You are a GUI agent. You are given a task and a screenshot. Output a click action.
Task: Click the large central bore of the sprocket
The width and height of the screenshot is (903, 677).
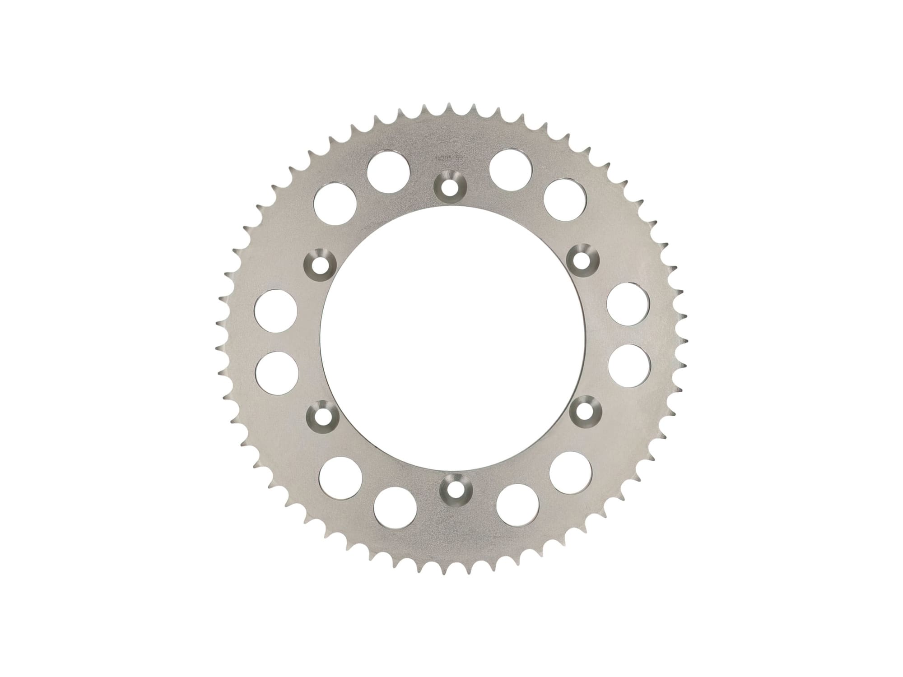(451, 338)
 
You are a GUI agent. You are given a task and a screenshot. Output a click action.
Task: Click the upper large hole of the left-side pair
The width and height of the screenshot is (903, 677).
(276, 311)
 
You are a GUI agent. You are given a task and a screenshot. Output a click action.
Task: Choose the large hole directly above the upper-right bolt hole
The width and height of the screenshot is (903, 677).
(564, 200)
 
